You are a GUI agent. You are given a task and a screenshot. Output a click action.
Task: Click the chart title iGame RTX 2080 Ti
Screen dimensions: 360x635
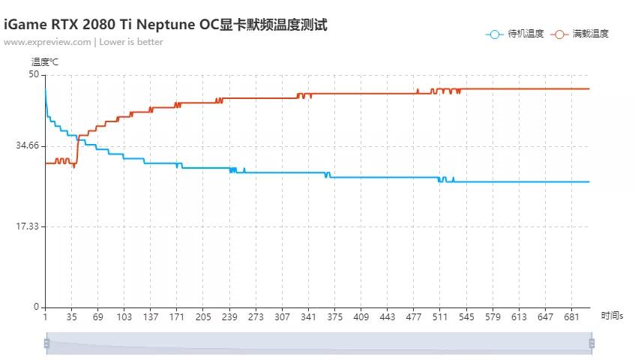[x=165, y=25]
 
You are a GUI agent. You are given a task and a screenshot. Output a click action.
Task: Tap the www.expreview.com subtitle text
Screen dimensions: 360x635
[x=83, y=42]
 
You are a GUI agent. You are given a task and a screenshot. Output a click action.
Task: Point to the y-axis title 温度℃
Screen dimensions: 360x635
[x=44, y=61]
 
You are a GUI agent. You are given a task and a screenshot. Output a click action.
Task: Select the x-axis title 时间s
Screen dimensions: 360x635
[x=612, y=316]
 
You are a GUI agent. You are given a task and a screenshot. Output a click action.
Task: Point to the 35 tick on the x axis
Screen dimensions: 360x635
[x=72, y=317]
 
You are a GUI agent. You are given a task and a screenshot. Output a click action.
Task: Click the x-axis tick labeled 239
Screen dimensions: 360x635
[x=229, y=317]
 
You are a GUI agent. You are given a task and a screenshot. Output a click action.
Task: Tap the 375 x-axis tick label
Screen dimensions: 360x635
[x=334, y=317]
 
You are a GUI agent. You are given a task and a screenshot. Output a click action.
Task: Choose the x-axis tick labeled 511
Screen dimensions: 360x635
[x=439, y=317]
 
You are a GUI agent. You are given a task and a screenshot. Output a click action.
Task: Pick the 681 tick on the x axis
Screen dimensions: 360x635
[x=571, y=317]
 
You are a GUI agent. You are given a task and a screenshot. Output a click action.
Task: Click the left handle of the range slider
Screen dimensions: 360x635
[x=46, y=343]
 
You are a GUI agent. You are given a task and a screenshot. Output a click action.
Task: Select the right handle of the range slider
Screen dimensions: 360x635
[x=592, y=343]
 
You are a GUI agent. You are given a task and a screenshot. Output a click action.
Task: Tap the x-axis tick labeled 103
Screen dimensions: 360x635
[x=124, y=317]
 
